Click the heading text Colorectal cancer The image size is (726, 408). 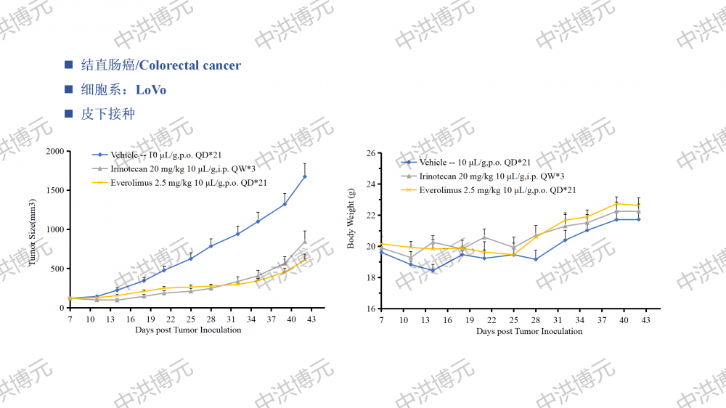click(189, 66)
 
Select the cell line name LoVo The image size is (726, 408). click(151, 90)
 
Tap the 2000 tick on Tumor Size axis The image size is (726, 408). click(54, 152)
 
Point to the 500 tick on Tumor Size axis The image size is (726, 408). click(57, 269)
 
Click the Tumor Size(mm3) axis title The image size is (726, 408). click(33, 229)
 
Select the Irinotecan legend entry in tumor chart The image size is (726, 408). click(182, 168)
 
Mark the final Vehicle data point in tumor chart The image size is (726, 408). click(305, 176)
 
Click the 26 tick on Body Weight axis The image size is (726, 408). click(370, 154)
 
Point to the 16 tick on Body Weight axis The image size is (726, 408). click(370, 309)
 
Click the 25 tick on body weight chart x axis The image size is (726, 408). click(513, 320)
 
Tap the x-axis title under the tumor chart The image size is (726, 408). click(188, 330)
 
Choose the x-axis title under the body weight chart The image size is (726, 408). click(529, 331)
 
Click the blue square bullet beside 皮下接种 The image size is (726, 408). click(69, 114)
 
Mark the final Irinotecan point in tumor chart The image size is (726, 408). click(305, 242)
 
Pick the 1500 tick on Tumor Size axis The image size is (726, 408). click(54, 191)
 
